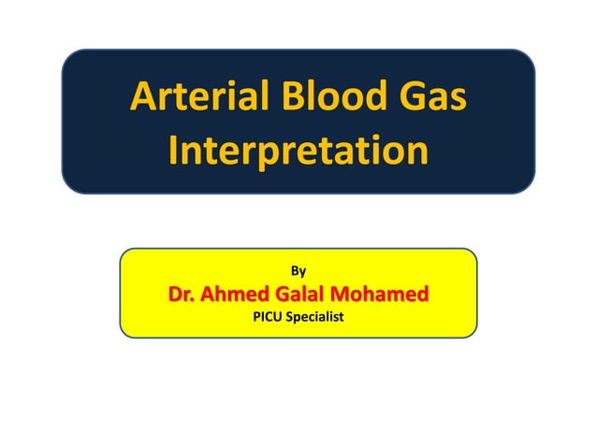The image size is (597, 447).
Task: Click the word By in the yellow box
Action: point(298,271)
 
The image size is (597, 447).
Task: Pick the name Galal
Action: point(318,295)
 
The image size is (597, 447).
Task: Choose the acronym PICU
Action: point(268,318)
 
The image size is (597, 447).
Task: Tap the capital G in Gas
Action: point(404,98)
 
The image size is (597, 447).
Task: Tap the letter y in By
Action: point(302,272)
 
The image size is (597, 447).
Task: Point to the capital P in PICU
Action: point(256,318)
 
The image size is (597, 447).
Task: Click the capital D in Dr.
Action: point(176,295)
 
